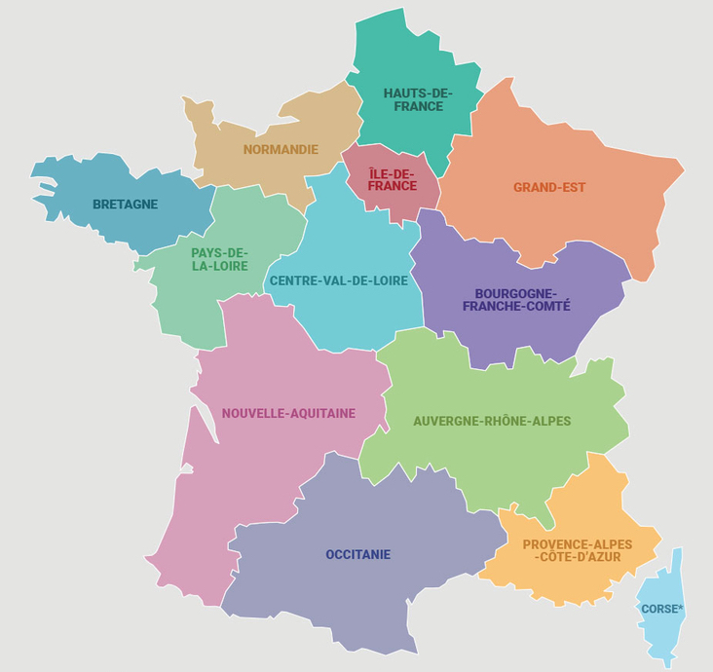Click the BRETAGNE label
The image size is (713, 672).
[x=125, y=205]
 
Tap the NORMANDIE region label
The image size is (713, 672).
[x=281, y=149]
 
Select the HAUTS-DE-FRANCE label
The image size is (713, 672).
[x=418, y=99]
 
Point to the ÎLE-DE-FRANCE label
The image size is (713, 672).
[x=393, y=179]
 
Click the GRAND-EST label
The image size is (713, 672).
[x=549, y=187]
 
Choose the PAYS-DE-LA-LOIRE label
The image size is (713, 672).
[x=219, y=259]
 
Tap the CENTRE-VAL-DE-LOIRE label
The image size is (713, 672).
[x=338, y=280]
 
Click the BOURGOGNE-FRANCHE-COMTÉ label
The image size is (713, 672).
[x=516, y=299]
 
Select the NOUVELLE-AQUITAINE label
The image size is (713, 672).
[x=288, y=413]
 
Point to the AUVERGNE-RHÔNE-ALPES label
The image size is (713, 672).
[x=492, y=421]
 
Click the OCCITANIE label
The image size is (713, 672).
[x=357, y=554]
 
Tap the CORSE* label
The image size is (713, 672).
[x=662, y=609]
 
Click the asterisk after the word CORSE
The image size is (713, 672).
[x=681, y=608]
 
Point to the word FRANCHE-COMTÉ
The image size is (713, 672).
[x=516, y=306]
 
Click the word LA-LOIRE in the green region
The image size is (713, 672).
[x=219, y=266]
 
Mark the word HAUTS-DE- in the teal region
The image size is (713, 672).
[x=418, y=93]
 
